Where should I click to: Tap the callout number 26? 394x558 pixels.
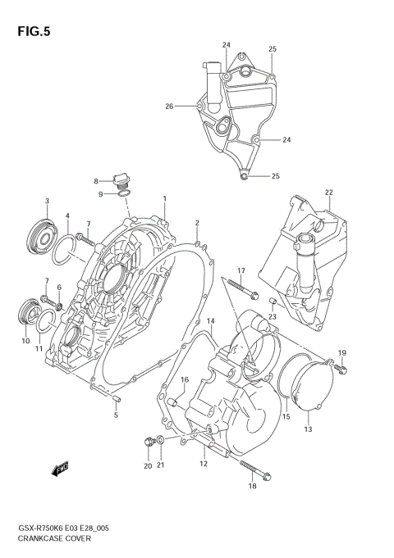[169, 106]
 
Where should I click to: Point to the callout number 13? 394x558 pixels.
[308, 429]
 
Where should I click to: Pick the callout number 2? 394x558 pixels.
[197, 223]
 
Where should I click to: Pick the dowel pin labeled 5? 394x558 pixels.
[117, 399]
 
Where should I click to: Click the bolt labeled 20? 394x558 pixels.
[148, 442]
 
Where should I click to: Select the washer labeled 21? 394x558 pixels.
[161, 443]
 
